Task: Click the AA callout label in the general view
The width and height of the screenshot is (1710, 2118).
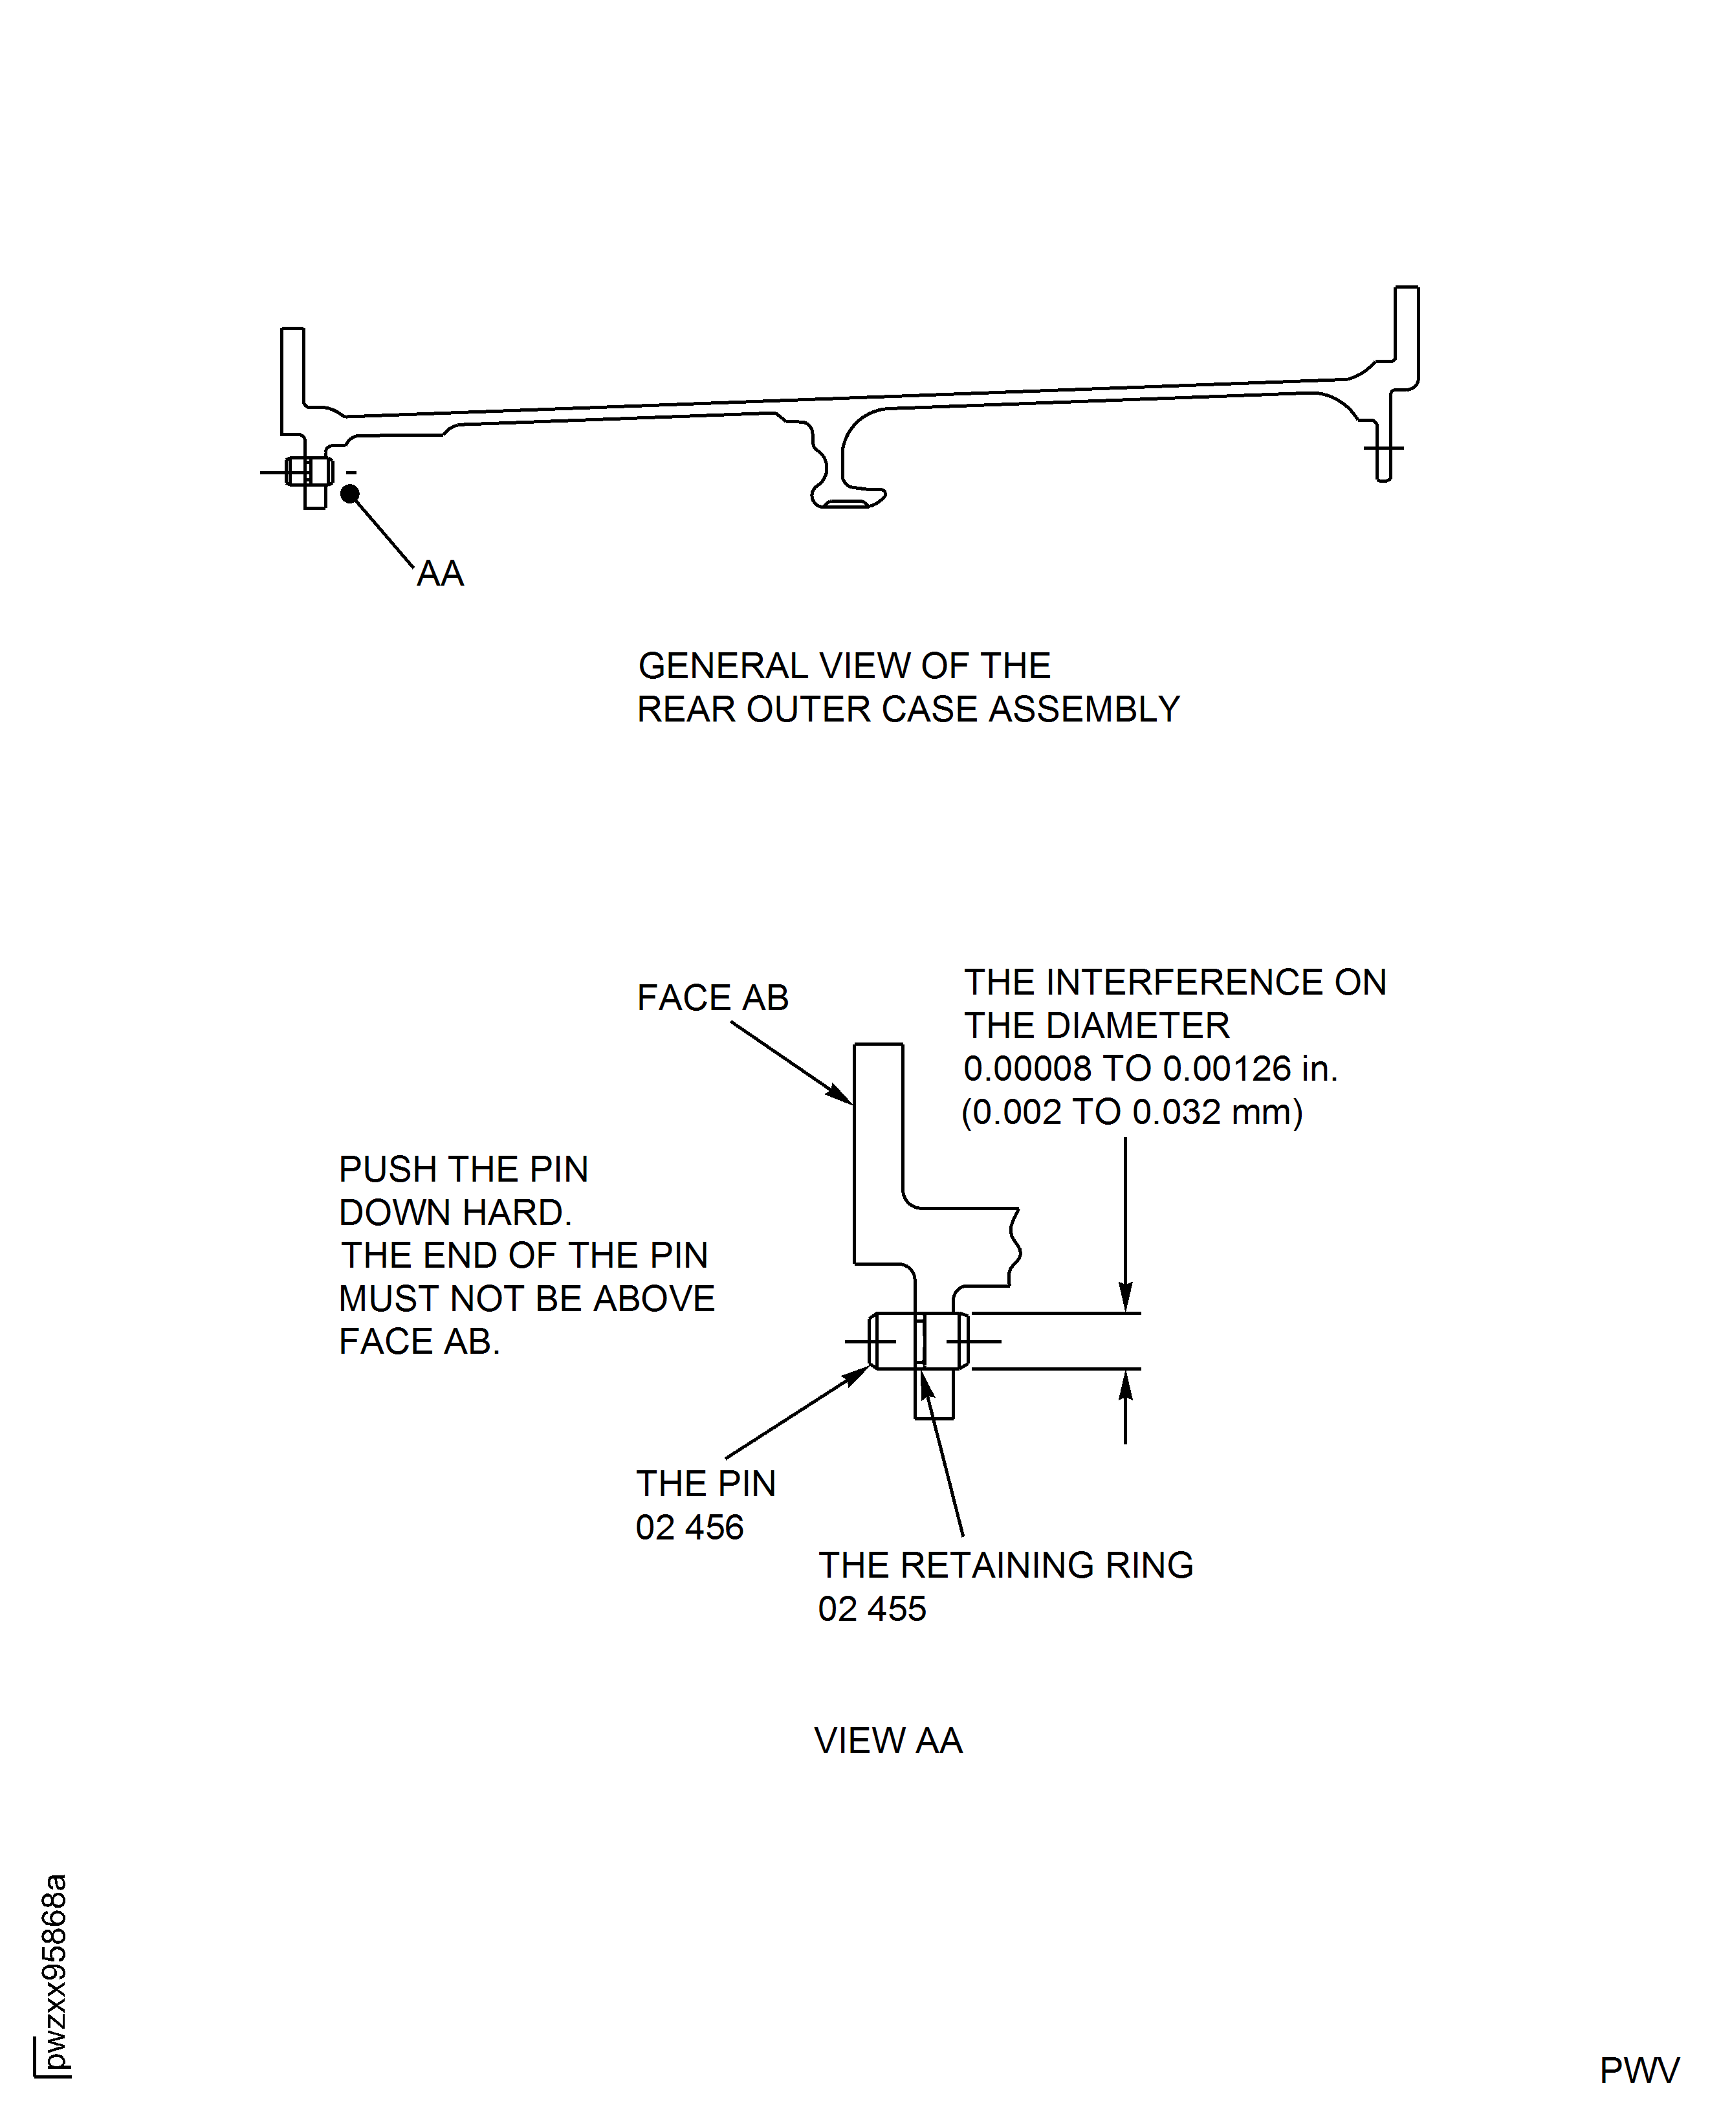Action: point(439,573)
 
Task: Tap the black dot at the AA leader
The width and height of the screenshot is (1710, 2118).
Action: point(349,494)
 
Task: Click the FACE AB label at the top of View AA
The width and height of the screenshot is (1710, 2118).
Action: point(712,998)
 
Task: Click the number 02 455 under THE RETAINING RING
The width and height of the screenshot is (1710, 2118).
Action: point(871,1609)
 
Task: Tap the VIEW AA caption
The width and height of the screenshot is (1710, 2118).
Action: point(888,1741)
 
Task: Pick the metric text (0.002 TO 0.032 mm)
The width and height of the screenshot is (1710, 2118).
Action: point(1132,1112)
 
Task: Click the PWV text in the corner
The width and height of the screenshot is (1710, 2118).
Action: point(1639,2071)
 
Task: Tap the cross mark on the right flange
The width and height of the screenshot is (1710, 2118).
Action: point(1383,448)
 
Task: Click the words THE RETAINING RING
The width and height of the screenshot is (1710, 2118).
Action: point(1005,1565)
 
